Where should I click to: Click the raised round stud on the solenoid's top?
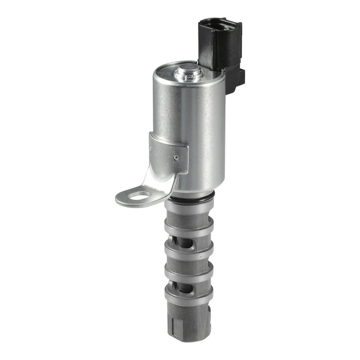click(x=188, y=72)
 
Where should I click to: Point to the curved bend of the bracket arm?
click(x=162, y=180)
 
